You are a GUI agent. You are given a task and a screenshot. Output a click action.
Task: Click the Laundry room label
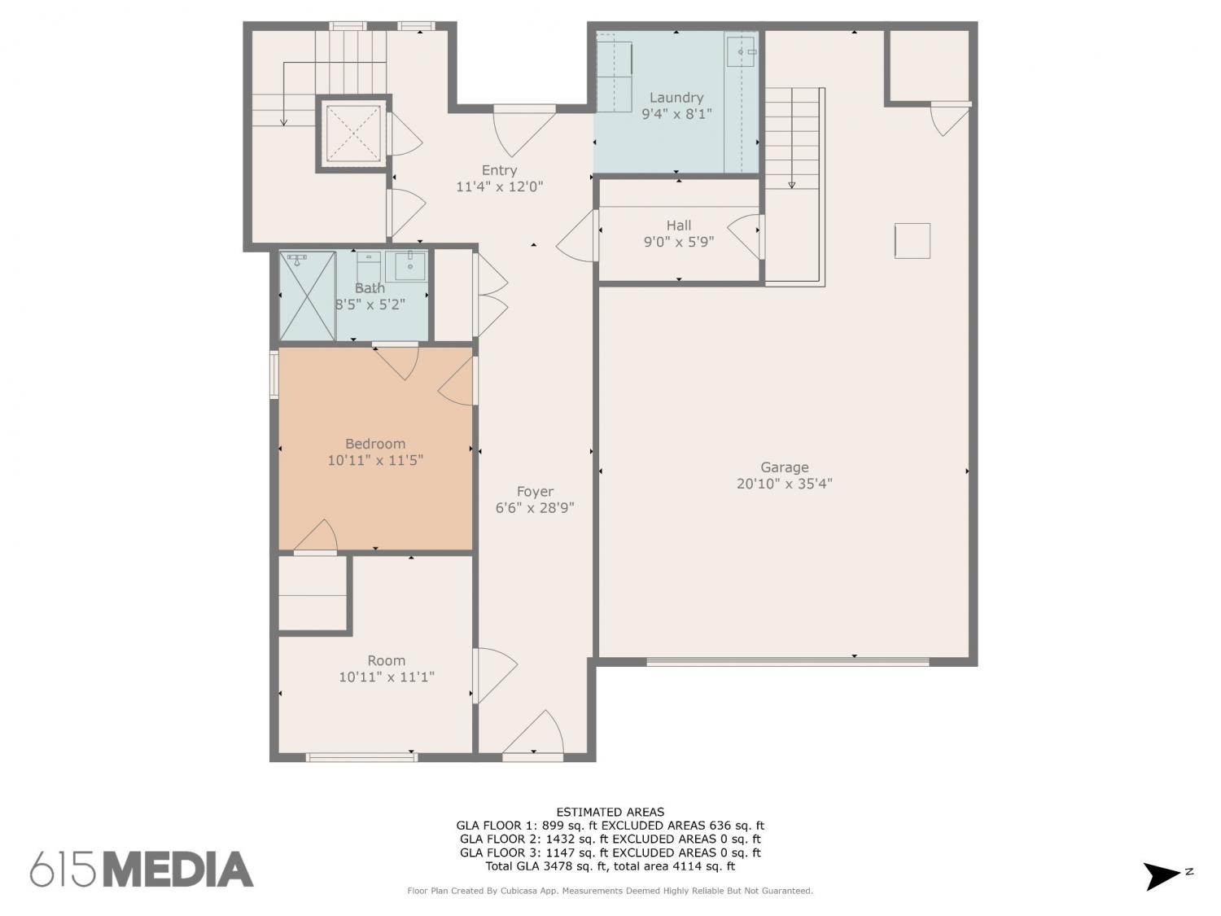(x=676, y=98)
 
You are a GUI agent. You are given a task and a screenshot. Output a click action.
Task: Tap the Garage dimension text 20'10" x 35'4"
(x=785, y=484)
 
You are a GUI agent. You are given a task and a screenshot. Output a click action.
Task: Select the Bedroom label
(x=375, y=444)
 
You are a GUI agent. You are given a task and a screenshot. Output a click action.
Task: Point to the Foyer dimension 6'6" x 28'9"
(x=535, y=508)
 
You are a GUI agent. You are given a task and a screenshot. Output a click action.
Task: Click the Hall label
(x=679, y=226)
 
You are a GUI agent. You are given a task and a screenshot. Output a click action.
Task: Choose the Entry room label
(x=499, y=170)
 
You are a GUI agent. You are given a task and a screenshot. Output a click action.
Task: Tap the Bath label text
(x=370, y=288)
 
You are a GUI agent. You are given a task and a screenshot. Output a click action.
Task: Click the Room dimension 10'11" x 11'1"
(x=387, y=677)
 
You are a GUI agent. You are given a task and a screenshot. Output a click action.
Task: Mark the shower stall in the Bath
(x=308, y=296)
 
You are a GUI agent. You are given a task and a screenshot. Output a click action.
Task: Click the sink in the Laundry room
(x=741, y=52)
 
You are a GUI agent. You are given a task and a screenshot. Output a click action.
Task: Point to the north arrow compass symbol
(x=1163, y=876)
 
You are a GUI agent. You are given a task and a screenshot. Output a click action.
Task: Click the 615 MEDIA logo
(x=142, y=869)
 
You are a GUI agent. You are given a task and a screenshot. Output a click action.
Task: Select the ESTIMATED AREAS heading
(x=610, y=813)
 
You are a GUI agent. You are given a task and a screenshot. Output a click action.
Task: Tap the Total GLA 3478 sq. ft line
(x=610, y=866)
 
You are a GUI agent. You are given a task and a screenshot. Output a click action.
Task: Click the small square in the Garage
(x=912, y=241)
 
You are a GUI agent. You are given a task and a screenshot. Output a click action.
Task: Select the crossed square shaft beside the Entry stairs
(x=352, y=133)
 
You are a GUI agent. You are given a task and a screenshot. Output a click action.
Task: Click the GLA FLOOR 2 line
(x=610, y=839)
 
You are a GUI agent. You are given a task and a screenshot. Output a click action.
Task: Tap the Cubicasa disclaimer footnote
(x=610, y=891)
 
